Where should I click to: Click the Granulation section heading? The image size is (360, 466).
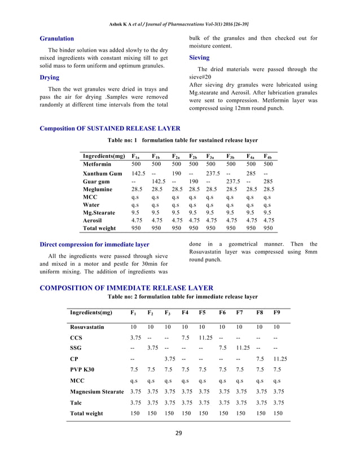(x=56, y=38)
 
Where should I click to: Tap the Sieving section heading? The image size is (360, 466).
(x=199, y=58)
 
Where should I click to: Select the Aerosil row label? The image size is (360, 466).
(x=95, y=221)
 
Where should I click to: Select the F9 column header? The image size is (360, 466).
(x=277, y=312)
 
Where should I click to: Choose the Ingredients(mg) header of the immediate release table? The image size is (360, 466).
(x=91, y=312)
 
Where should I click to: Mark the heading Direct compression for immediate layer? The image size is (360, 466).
(x=94, y=244)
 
